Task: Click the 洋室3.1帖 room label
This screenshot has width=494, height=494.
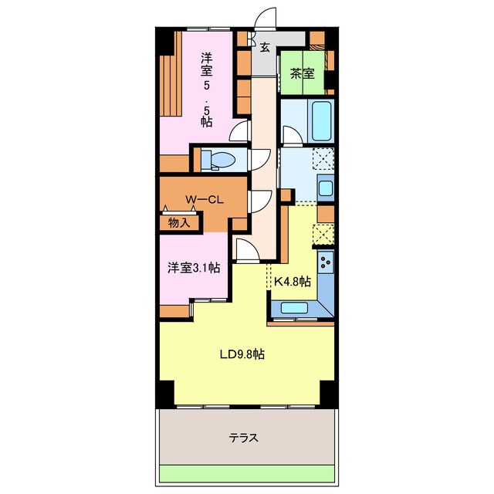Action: tap(194, 268)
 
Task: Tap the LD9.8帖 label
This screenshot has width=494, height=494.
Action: tap(242, 354)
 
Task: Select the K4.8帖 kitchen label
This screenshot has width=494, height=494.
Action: tap(293, 281)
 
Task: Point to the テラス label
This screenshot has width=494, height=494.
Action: tap(244, 438)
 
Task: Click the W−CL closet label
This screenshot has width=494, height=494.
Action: tap(205, 199)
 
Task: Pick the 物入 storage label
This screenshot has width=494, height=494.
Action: tap(179, 223)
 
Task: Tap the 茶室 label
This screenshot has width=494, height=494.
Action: tap(303, 74)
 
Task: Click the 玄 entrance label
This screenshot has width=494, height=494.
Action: tap(265, 47)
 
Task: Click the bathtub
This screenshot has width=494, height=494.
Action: tap(322, 120)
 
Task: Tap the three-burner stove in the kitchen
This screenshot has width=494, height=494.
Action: tap(326, 262)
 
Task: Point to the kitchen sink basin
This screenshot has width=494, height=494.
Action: tap(294, 308)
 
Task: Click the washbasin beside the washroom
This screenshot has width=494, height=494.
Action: tap(326, 188)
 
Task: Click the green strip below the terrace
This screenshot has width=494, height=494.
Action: tap(247, 473)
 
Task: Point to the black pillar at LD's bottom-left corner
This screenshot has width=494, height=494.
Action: tap(166, 394)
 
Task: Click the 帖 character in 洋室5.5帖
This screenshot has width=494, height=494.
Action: tap(207, 122)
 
